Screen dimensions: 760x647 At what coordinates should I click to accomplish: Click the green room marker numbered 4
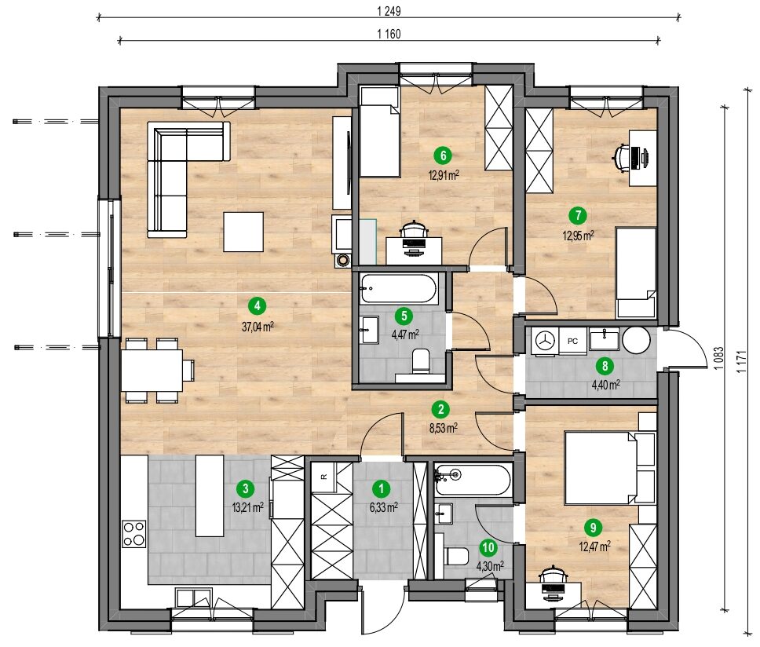(x=257, y=305)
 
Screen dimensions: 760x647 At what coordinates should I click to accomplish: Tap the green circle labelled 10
(x=488, y=547)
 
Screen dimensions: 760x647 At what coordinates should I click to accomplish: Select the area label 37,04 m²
(x=258, y=327)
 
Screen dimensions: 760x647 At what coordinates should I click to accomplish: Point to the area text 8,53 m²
(x=444, y=428)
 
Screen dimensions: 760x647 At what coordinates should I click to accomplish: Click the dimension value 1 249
(x=389, y=11)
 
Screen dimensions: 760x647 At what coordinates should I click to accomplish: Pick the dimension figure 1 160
(x=389, y=34)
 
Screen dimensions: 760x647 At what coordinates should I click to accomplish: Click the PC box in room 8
(x=572, y=342)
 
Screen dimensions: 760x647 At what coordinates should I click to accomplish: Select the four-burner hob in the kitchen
(x=133, y=534)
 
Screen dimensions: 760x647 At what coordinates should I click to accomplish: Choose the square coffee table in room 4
(x=243, y=232)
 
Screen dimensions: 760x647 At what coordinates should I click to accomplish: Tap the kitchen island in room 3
(x=210, y=495)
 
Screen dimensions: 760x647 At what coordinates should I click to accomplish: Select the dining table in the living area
(x=152, y=371)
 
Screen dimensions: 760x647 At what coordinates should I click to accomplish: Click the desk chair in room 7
(x=626, y=157)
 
